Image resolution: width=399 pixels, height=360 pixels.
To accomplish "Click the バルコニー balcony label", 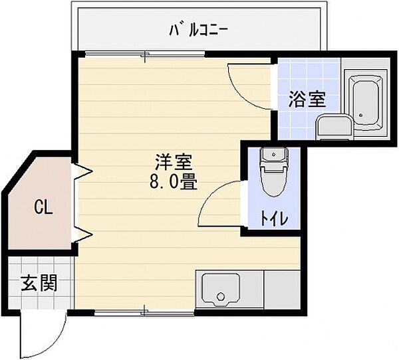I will (199, 29).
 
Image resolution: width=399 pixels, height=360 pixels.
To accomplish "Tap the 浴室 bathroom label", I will (307, 100).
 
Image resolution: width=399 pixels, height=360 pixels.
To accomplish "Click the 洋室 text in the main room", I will (175, 163).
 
